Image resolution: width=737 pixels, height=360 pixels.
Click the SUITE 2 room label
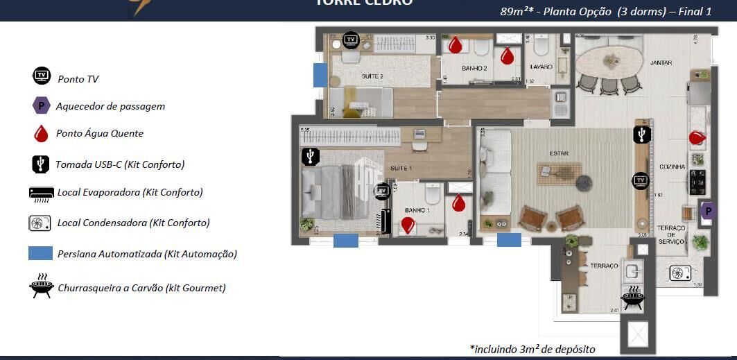372,76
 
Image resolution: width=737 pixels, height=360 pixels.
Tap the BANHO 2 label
475,68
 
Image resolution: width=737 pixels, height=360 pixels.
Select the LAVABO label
541,67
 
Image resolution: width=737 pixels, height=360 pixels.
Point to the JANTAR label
661,63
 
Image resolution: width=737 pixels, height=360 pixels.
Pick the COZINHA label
673,167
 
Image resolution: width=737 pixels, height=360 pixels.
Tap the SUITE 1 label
401,169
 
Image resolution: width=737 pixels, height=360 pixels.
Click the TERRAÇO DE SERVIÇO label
671,234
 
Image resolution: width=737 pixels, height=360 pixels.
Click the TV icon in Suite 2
352,40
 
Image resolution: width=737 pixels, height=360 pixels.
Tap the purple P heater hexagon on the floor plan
708,211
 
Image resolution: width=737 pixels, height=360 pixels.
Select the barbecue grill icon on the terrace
632,299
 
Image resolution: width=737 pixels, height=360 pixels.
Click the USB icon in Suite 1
310,157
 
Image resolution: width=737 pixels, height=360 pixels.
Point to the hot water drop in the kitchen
696,138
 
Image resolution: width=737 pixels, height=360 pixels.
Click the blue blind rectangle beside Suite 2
320,75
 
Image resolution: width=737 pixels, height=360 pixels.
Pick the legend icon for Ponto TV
42,76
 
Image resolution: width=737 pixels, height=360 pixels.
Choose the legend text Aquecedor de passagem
110,106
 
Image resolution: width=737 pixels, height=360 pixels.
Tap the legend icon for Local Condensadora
41,223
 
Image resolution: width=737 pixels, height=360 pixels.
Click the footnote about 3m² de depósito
532,349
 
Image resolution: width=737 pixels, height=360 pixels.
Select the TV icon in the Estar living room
640,182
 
